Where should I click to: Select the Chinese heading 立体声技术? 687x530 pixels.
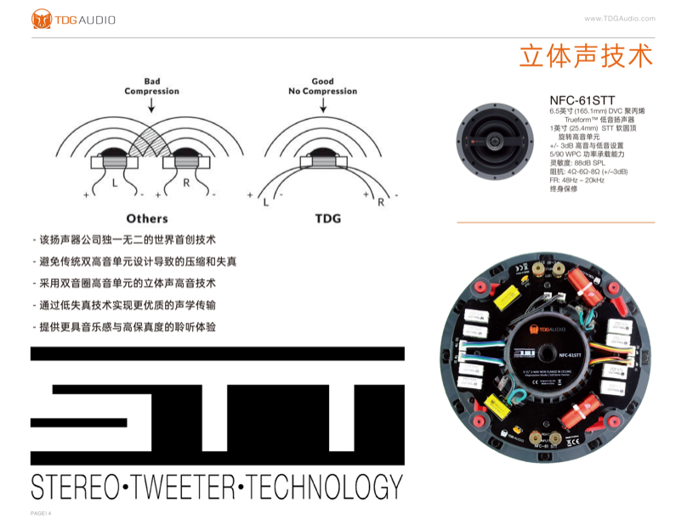click(586, 55)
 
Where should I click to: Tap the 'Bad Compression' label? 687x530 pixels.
click(151, 87)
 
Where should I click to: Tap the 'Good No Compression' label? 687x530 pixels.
click(322, 87)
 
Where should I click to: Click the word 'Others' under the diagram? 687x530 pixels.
click(147, 218)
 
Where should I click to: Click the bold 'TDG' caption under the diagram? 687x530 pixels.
click(327, 218)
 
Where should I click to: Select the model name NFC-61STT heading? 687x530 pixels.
click(582, 100)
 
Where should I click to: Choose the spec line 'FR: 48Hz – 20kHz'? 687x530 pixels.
click(577, 180)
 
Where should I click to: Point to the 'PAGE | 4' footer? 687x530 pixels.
click(42, 514)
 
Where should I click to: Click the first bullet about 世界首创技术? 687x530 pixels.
click(128, 240)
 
